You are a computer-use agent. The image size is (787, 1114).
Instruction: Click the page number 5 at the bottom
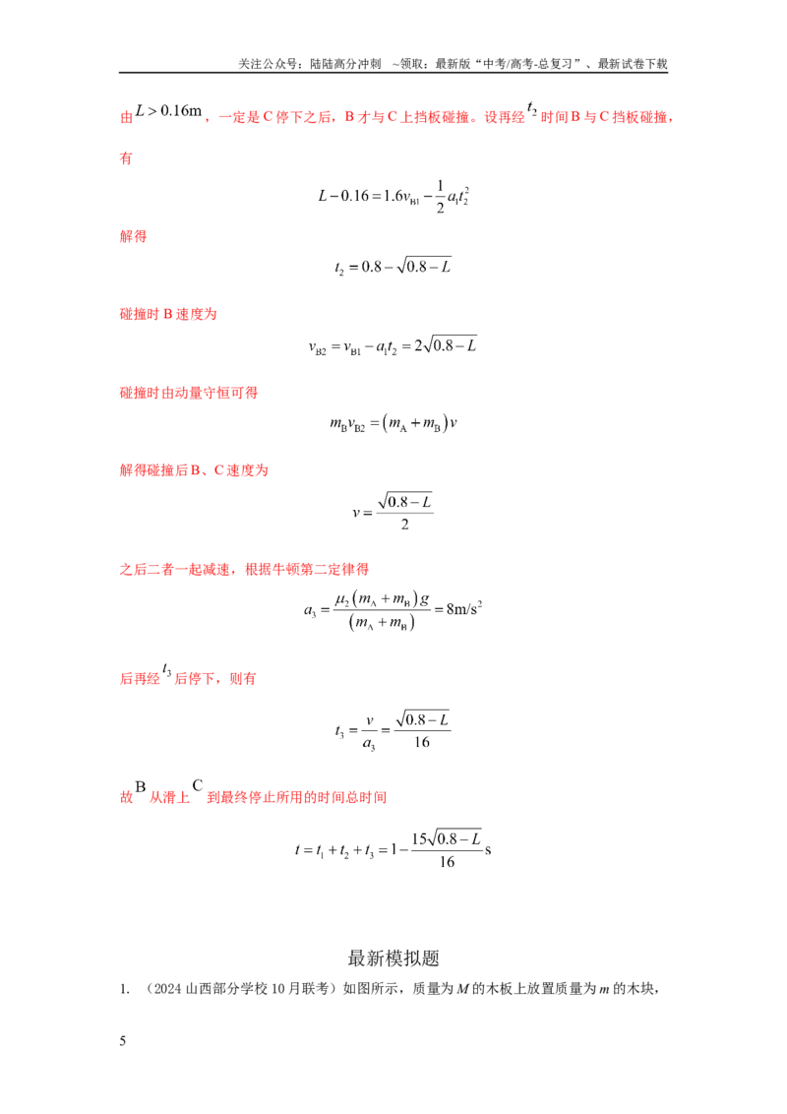click(123, 1041)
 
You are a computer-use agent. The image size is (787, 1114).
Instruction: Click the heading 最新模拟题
click(393, 958)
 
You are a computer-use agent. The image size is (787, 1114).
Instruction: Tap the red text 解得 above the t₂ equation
click(133, 236)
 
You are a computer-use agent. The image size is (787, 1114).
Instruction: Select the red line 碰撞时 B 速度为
click(167, 314)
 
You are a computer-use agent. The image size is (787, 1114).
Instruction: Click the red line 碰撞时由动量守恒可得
click(188, 393)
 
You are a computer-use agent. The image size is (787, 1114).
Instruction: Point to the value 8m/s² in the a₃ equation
click(463, 609)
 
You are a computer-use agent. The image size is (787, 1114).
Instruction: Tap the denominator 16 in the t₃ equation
click(422, 742)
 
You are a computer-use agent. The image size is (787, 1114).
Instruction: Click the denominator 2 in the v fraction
click(405, 525)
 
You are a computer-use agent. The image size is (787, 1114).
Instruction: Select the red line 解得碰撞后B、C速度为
click(194, 470)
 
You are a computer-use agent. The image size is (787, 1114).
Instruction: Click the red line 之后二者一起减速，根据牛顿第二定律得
click(244, 569)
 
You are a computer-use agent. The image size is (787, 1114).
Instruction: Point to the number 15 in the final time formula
click(419, 839)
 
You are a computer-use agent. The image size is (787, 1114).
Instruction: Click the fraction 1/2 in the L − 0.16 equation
click(440, 197)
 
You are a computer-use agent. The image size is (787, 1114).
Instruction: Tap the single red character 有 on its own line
click(126, 158)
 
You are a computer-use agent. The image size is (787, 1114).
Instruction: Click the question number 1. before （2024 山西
click(124, 989)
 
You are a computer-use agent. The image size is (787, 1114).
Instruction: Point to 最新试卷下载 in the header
click(633, 64)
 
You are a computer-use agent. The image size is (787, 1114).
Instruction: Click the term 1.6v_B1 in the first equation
click(401, 197)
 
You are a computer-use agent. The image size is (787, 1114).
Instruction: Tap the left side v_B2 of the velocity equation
click(318, 347)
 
